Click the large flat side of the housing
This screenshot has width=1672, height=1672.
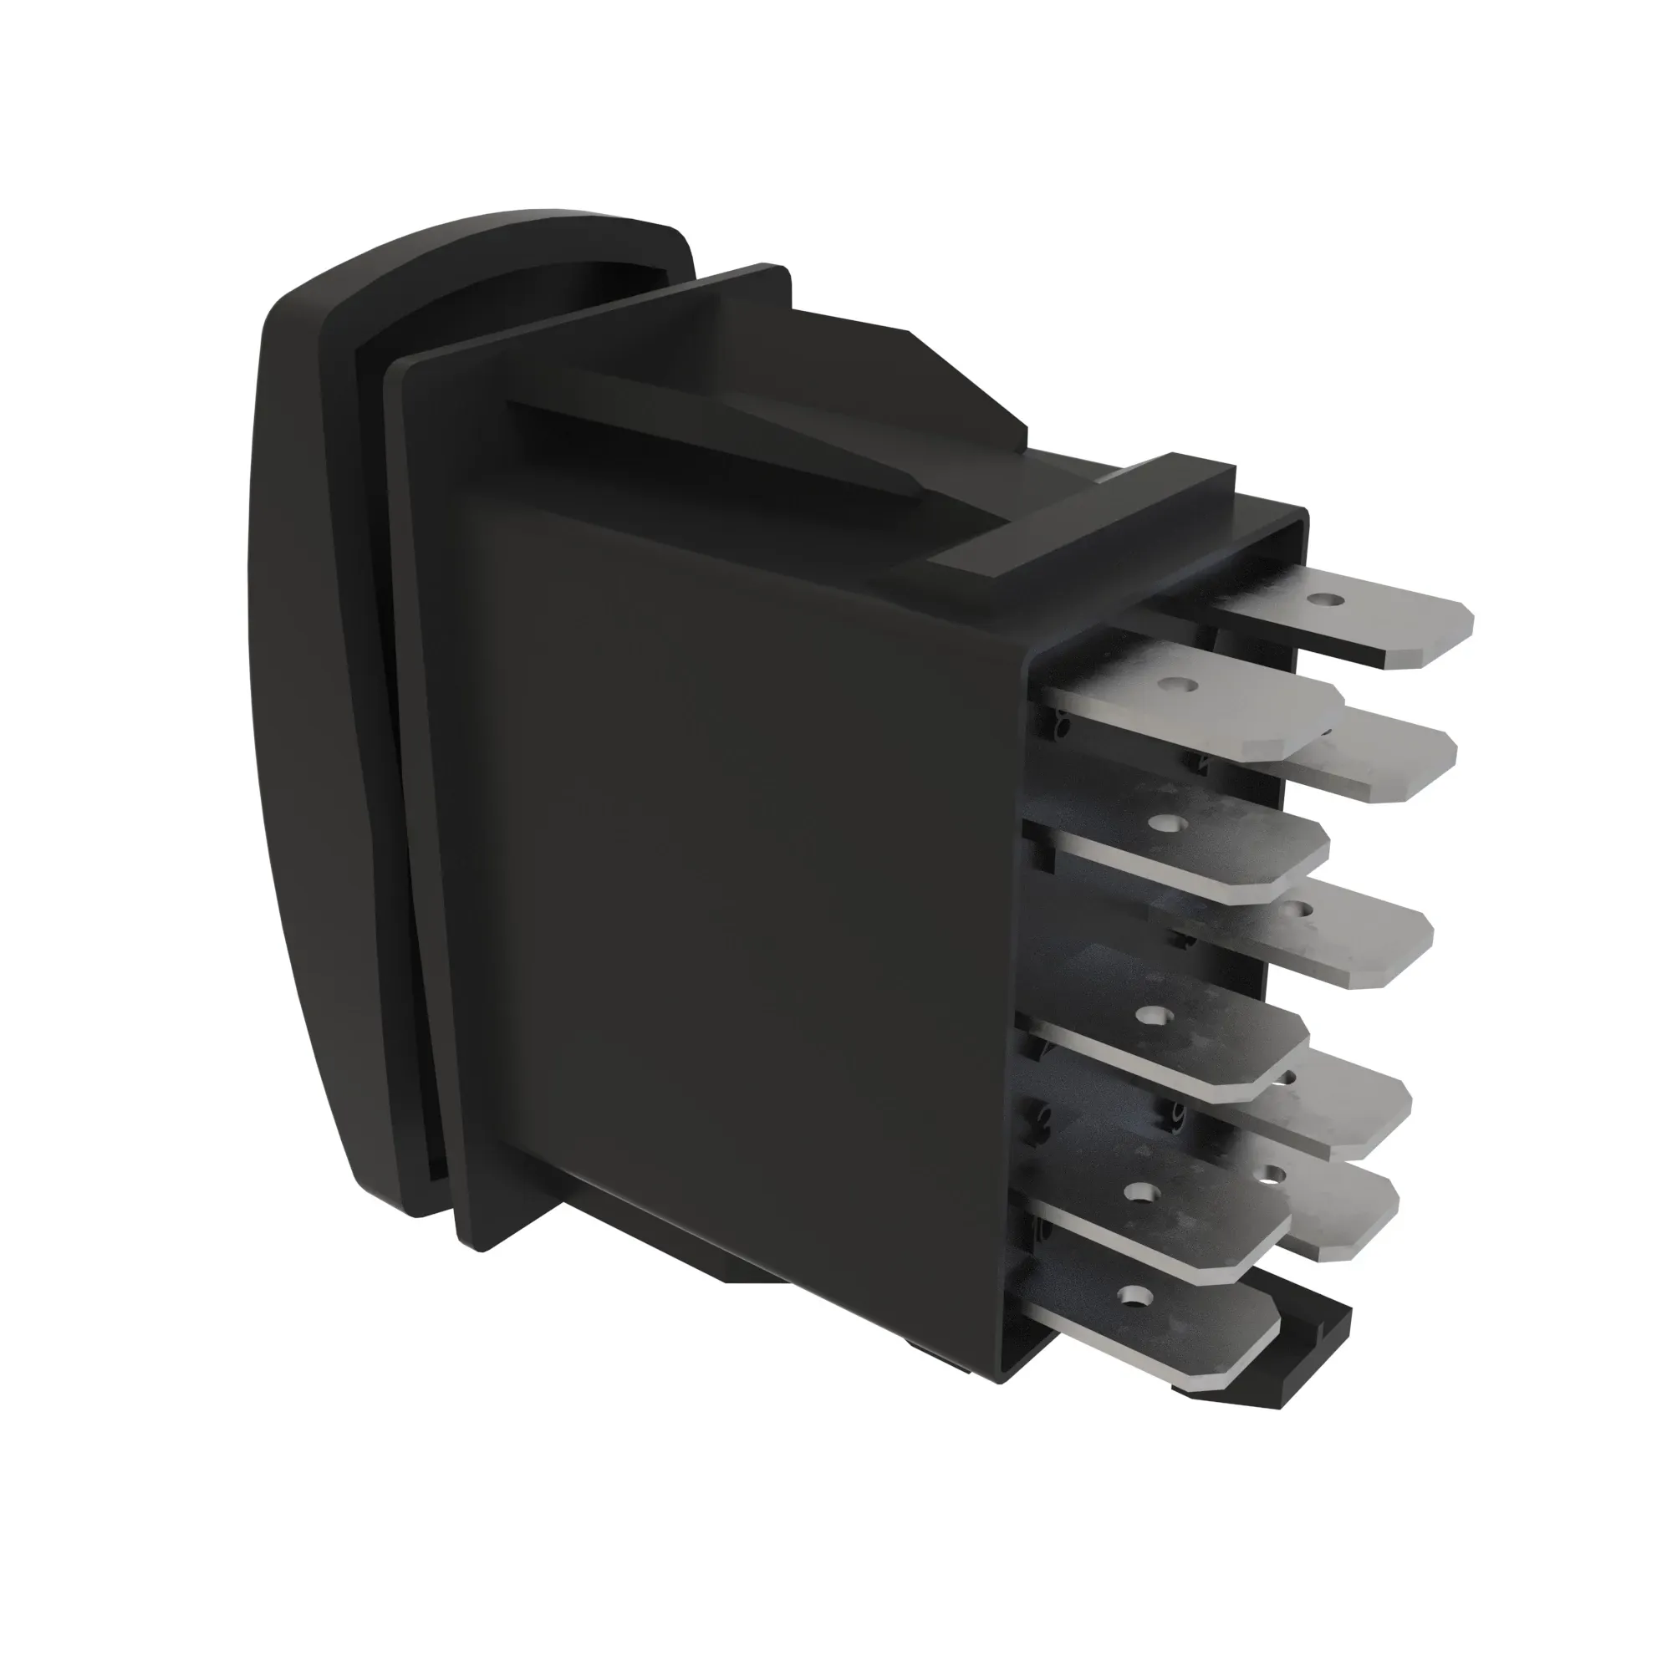tap(736, 865)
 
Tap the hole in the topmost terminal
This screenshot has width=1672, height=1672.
tap(1320, 598)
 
